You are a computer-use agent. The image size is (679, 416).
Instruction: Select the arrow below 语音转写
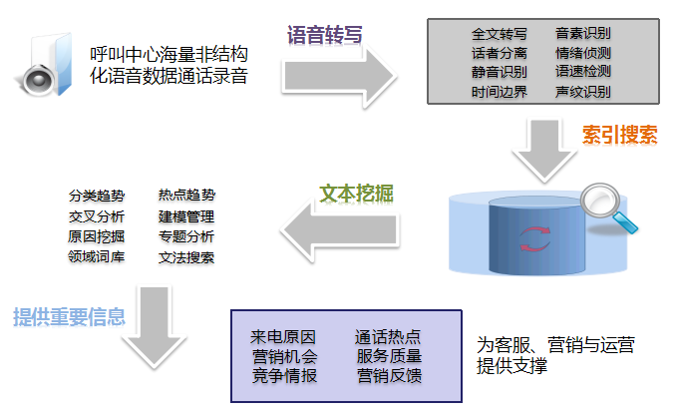pyautogui.click(x=338, y=74)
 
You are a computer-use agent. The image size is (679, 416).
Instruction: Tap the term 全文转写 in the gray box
pyautogui.click(x=499, y=33)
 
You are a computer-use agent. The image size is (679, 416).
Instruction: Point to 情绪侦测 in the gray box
pyautogui.click(x=583, y=52)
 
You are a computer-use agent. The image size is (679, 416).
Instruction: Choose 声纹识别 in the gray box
pyautogui.click(x=583, y=92)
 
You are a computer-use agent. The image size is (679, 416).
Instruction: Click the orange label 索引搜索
pyautogui.click(x=619, y=136)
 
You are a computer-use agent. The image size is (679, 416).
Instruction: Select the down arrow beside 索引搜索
pyautogui.click(x=542, y=149)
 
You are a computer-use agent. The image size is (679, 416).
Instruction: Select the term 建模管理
pyautogui.click(x=185, y=216)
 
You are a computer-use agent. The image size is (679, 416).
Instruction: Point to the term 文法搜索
pyautogui.click(x=185, y=257)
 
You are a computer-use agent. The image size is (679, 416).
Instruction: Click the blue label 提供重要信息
pyautogui.click(x=69, y=317)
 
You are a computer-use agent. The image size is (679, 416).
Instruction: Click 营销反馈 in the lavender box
pyautogui.click(x=389, y=376)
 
